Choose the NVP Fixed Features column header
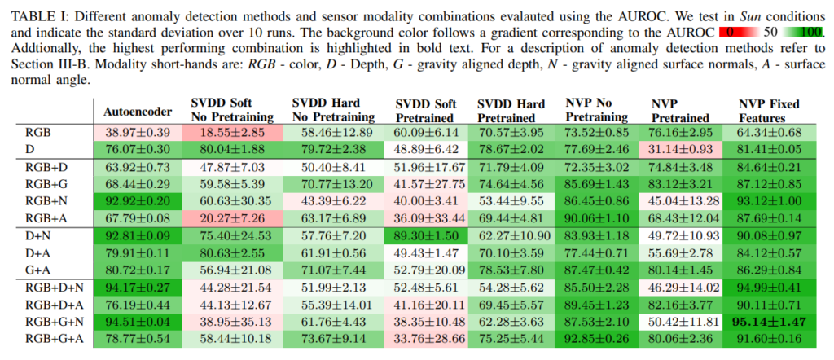pyautogui.click(x=769, y=111)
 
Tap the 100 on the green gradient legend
pyautogui.click(x=809, y=33)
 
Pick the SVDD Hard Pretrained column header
pyautogui.click(x=511, y=111)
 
